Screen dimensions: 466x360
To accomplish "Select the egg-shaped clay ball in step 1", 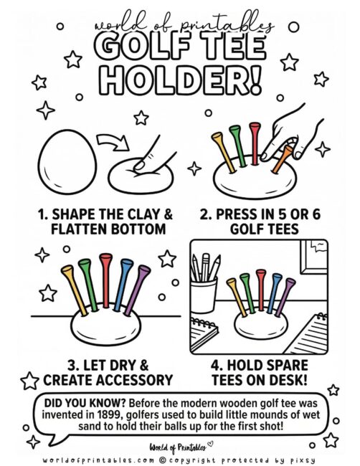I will pos(67,162).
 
